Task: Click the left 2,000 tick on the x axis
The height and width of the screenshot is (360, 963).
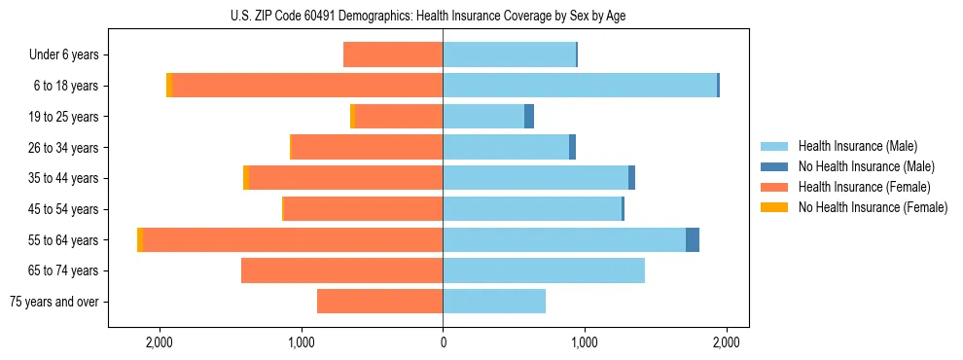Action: (x=159, y=342)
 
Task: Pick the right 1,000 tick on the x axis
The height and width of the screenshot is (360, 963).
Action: (x=585, y=342)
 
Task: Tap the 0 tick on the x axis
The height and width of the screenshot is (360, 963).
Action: (x=443, y=342)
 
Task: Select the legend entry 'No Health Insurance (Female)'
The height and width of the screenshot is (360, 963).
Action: (x=873, y=207)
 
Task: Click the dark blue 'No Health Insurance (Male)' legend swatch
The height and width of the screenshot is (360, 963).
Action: (x=774, y=166)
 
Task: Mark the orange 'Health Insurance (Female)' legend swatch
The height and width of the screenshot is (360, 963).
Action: (x=774, y=187)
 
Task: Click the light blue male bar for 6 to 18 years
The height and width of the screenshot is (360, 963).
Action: (x=580, y=86)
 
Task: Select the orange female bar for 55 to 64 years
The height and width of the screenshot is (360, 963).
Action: (x=293, y=240)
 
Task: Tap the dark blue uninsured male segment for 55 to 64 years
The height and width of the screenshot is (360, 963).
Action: (x=693, y=240)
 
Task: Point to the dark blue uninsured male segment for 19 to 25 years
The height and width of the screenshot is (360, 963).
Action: (x=529, y=117)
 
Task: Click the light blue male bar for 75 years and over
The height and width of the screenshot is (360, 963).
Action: (x=494, y=302)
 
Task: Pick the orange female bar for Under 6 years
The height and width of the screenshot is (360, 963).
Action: (x=393, y=55)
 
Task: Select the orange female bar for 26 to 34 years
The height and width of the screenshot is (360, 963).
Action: (x=368, y=148)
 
